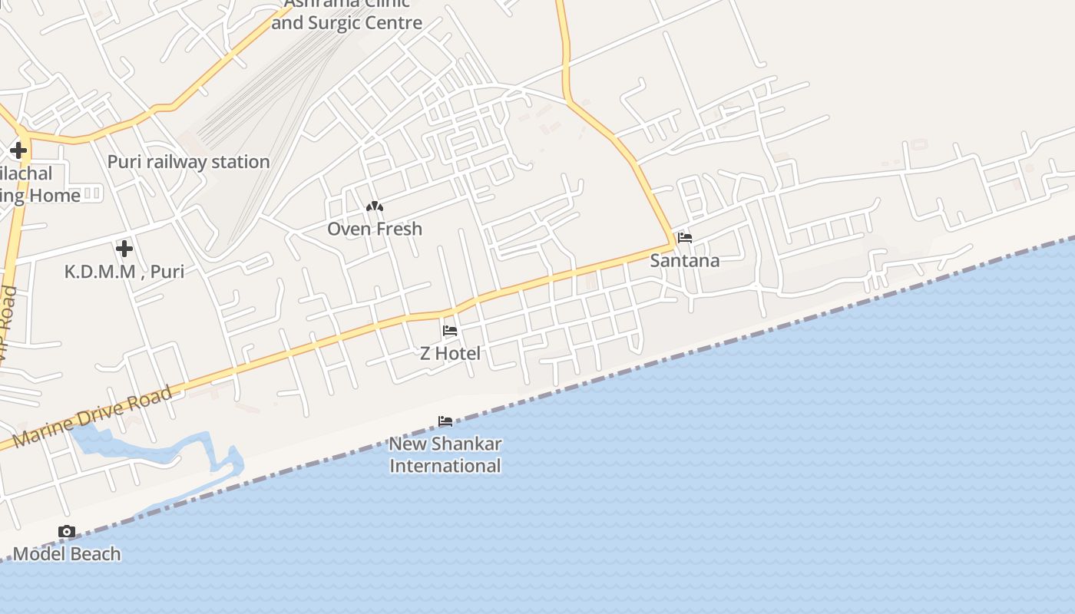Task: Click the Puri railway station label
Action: tap(188, 162)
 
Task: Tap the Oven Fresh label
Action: tap(375, 229)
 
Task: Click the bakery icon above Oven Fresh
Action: tap(375, 206)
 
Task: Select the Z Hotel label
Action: tap(450, 353)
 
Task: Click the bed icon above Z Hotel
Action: tap(450, 331)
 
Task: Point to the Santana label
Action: tap(685, 260)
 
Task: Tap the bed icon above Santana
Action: tap(685, 238)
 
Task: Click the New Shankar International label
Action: tap(445, 454)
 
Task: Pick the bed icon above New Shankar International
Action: tap(445, 421)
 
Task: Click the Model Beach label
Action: tap(67, 553)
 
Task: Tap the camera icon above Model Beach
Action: tap(67, 531)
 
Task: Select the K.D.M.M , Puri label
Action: tap(124, 271)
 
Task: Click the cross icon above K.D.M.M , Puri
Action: tap(124, 249)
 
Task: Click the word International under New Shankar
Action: tap(445, 466)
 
